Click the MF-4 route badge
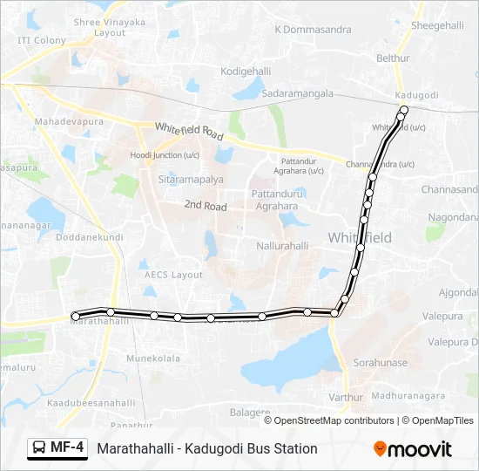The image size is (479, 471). tap(58, 448)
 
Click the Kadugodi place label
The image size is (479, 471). tap(410, 94)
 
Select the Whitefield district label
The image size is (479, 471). tap(360, 237)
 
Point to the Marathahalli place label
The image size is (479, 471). tap(99, 322)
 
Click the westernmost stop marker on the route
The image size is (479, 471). tap(76, 316)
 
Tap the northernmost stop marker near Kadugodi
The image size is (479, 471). tap(403, 109)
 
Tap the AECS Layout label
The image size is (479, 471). tap(173, 274)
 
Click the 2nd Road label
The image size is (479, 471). tap(205, 207)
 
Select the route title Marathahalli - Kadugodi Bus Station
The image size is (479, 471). tap(207, 448)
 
